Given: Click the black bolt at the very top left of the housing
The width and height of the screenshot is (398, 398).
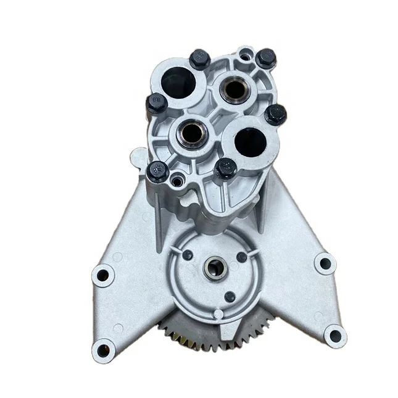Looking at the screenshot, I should tap(199, 59).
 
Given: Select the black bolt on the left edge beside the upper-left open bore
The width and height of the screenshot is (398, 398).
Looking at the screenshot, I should tap(155, 103).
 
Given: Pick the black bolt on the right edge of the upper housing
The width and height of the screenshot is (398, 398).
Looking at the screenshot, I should tap(275, 114).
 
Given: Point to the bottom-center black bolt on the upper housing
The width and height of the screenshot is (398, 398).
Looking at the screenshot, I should tap(226, 167).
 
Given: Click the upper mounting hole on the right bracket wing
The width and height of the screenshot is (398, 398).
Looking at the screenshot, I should tap(324, 263).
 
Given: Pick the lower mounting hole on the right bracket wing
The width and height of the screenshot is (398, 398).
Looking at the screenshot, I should tap(334, 336).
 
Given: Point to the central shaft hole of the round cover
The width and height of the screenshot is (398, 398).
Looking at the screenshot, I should tap(215, 267).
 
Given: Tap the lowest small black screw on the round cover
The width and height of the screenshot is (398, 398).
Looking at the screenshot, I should tap(230, 297).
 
